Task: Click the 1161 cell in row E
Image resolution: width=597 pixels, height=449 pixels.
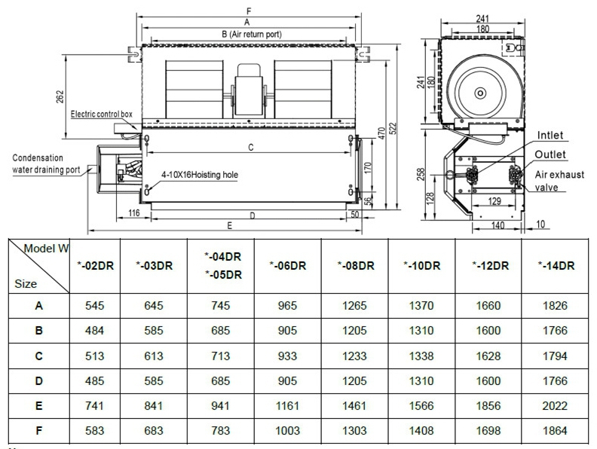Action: click(287, 405)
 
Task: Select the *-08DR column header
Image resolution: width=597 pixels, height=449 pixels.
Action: click(356, 266)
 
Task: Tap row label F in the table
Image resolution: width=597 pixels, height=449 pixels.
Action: click(39, 431)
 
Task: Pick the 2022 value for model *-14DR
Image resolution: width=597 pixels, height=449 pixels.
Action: click(555, 405)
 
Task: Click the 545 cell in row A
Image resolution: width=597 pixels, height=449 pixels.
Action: click(94, 306)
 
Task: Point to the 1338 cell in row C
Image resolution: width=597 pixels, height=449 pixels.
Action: click(421, 356)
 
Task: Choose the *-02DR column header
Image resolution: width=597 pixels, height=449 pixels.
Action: click(95, 266)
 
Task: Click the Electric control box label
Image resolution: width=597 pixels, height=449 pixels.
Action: click(102, 115)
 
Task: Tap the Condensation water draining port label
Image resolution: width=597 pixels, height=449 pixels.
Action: click(46, 163)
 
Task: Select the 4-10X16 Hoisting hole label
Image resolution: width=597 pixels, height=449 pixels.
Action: click(200, 175)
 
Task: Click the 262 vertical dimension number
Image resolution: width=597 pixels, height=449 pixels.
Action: click(60, 96)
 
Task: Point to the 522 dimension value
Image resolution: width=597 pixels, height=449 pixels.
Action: click(393, 128)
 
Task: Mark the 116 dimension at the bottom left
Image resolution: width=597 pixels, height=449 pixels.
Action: click(134, 213)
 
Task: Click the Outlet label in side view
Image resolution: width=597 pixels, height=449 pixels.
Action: click(550, 154)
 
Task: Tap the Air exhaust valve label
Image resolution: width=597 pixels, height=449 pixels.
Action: click(559, 181)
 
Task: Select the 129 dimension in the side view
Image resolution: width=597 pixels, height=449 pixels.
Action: click(494, 201)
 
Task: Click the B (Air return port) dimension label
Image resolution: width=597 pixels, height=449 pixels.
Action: click(252, 34)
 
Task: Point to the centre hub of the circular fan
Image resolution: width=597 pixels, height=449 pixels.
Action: click(480, 93)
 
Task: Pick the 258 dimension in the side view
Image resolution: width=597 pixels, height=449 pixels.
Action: click(421, 174)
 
